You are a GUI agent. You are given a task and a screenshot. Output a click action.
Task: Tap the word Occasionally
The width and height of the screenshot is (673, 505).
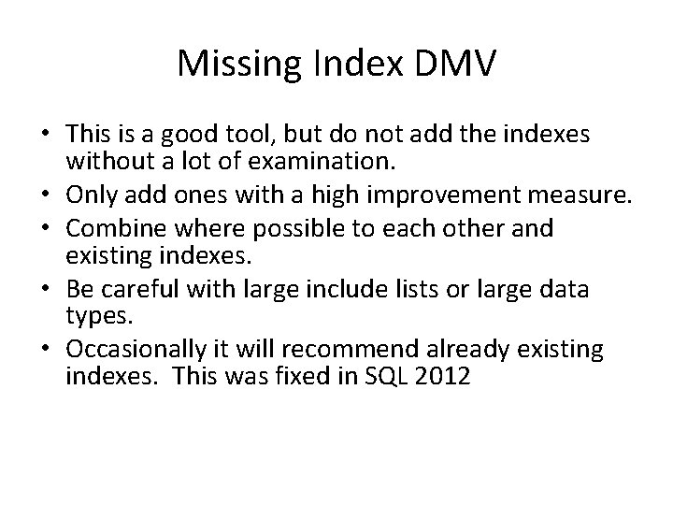133,350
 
